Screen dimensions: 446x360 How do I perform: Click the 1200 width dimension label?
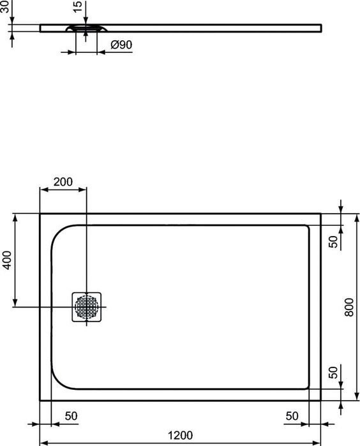pos(180,436)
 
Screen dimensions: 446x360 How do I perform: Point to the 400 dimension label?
pos(6,260)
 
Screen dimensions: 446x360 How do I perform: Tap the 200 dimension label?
pos(63,181)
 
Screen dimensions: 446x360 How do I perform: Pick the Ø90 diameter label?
pos(121,45)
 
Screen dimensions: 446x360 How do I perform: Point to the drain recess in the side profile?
pos(86,28)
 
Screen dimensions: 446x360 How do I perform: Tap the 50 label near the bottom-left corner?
pos(71,415)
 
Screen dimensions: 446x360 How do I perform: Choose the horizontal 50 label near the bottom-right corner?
pos(292,415)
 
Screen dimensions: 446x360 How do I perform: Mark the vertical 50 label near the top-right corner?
pos(333,242)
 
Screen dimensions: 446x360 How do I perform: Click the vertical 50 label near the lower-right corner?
pos(333,373)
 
